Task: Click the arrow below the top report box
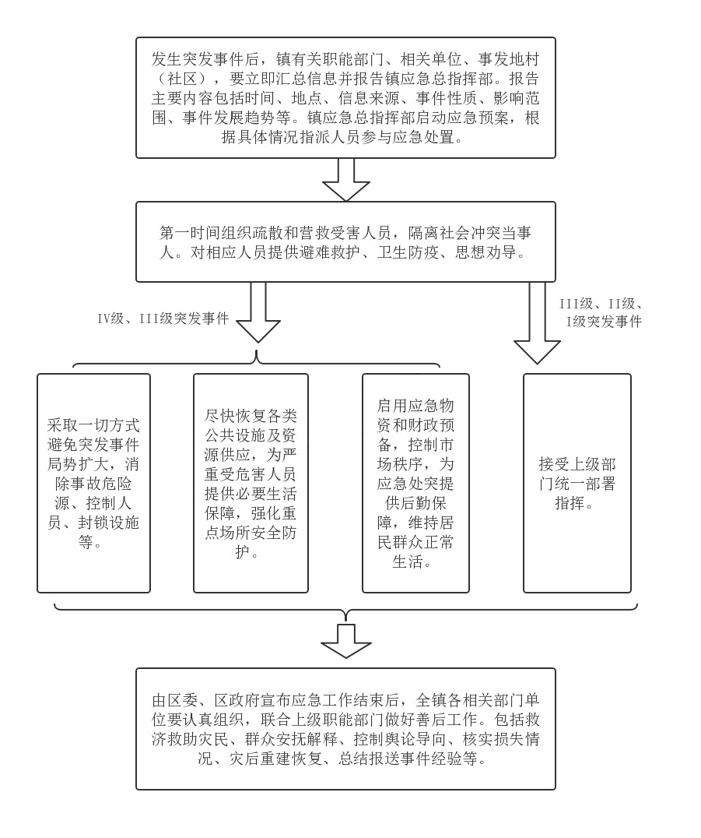(346, 180)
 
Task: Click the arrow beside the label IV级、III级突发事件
(258, 312)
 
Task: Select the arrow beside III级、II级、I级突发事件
(537, 322)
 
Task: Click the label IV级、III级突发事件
(163, 319)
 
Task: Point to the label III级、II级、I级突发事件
(601, 313)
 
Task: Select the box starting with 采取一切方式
(93, 483)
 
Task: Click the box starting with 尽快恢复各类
(251, 483)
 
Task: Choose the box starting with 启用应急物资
(415, 483)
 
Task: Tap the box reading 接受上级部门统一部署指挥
(577, 483)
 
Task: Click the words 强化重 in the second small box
(273, 513)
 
